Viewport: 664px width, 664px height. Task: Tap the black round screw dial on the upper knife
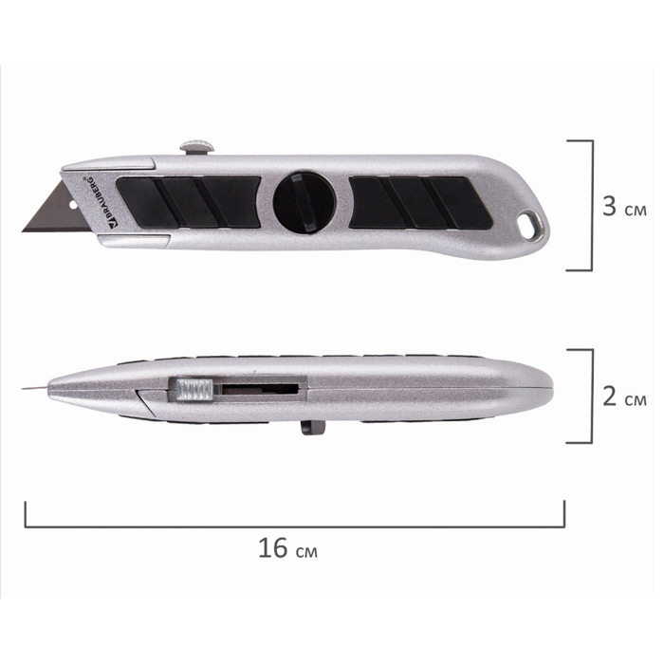coord(304,201)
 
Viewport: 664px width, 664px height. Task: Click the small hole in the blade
coord(73,205)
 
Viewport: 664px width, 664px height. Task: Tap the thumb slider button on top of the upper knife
coord(196,146)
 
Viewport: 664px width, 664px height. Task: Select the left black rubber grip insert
coord(189,202)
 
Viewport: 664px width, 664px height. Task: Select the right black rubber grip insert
coord(421,203)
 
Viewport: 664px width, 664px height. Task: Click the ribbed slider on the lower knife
coord(194,390)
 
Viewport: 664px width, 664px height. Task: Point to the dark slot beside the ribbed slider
coord(261,389)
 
